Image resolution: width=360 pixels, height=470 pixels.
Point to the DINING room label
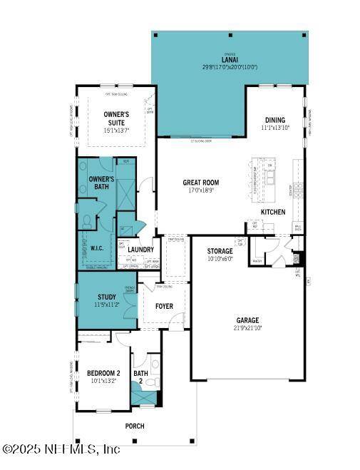pyautogui.click(x=274, y=120)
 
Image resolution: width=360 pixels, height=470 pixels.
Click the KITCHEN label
pyautogui.click(x=272, y=212)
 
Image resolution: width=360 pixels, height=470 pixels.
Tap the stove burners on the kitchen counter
pyautogui.click(x=297, y=189)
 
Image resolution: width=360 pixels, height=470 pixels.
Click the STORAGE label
pyautogui.click(x=220, y=252)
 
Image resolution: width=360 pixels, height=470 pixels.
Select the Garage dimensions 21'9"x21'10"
pyautogui.click(x=248, y=327)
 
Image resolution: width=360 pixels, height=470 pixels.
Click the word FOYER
pyautogui.click(x=164, y=307)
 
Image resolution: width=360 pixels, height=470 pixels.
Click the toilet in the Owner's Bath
pyautogui.click(x=86, y=222)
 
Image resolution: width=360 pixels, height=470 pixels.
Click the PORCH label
pyautogui.click(x=134, y=426)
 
